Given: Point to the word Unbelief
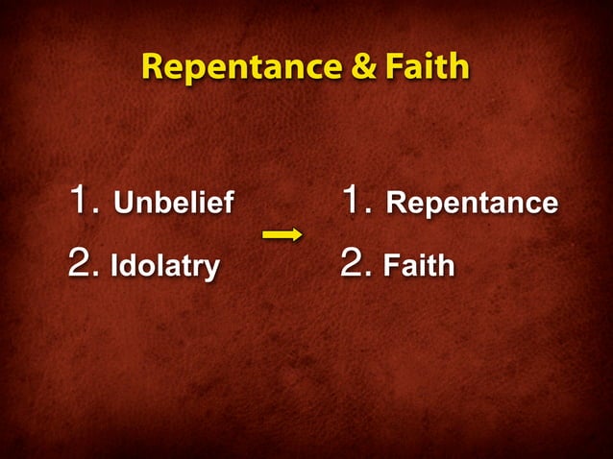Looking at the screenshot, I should [173, 204].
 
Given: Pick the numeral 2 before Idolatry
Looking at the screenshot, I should [83, 263].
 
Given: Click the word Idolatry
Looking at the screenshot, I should [164, 265].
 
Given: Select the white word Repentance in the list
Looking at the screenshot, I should [471, 204].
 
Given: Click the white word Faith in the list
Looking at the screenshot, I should [419, 265].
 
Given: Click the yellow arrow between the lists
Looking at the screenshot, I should [282, 234].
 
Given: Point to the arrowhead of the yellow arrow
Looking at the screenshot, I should [297, 234].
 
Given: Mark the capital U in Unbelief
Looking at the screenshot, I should [123, 204].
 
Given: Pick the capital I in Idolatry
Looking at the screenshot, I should [114, 265].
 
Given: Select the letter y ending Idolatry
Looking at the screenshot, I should [211, 268].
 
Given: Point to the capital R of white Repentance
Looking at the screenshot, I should [395, 204].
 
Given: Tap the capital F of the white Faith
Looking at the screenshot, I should [391, 265].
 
